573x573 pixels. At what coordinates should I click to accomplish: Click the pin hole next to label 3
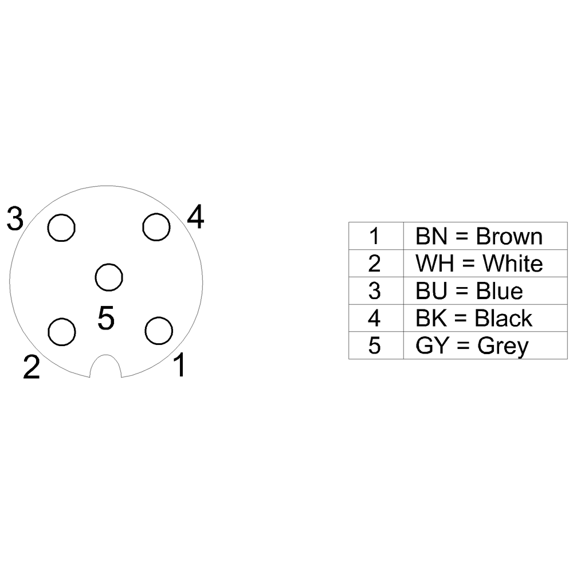click(61, 227)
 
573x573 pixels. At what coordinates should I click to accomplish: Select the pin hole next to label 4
click(156, 227)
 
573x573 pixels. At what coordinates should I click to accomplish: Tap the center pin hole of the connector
click(109, 277)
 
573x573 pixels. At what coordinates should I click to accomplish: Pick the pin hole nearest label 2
click(62, 332)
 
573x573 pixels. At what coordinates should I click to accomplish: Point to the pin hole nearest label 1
click(159, 331)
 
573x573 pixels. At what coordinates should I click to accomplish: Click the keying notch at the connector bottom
click(105, 366)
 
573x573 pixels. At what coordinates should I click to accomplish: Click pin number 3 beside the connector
click(15, 219)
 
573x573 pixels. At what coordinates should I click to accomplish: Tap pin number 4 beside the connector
click(195, 217)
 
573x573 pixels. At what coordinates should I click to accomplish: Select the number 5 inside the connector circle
click(106, 317)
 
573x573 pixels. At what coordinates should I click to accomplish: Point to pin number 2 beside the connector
click(32, 367)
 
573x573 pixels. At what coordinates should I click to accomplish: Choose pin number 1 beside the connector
click(180, 364)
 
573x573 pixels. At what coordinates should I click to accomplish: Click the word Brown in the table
click(509, 236)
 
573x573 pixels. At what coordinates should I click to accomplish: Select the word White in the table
click(513, 263)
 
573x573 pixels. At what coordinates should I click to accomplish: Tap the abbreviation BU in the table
click(431, 291)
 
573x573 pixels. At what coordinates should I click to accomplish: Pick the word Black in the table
click(503, 318)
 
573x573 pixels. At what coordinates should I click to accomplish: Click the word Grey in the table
click(503, 346)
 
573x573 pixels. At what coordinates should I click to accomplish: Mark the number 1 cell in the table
click(376, 236)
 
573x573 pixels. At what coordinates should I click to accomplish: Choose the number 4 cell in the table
click(376, 318)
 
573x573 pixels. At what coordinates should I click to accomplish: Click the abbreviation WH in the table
click(435, 263)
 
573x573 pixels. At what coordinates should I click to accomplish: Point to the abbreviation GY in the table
click(432, 346)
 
